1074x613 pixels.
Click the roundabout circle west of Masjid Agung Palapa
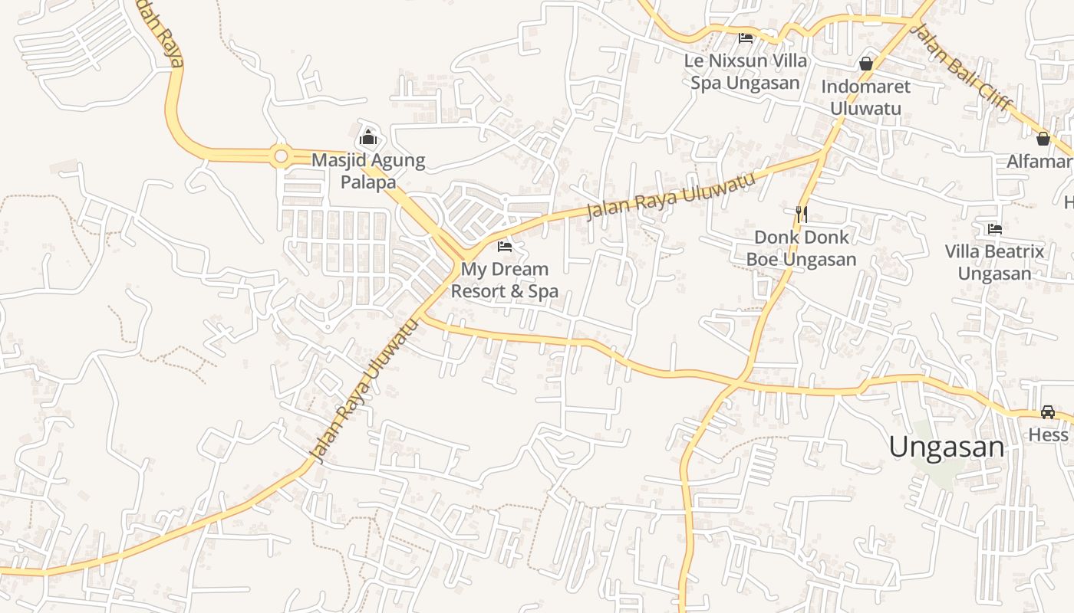pyautogui.click(x=281, y=157)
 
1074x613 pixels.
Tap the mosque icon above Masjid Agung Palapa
pyautogui.click(x=368, y=138)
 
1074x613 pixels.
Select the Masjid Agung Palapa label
pyautogui.click(x=368, y=172)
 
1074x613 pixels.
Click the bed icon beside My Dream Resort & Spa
pyautogui.click(x=505, y=247)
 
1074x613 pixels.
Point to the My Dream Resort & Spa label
pyautogui.click(x=504, y=280)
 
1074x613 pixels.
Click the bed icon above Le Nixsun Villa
pyautogui.click(x=745, y=38)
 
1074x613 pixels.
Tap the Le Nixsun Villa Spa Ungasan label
pyautogui.click(x=745, y=71)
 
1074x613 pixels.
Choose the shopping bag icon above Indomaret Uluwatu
pyautogui.click(x=866, y=64)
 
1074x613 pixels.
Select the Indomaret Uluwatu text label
pyautogui.click(x=866, y=97)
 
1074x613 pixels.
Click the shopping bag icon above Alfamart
pyautogui.click(x=1043, y=139)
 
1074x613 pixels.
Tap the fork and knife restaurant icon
pyautogui.click(x=802, y=214)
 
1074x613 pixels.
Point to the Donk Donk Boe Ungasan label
pyautogui.click(x=802, y=248)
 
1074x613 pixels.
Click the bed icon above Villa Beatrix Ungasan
pyautogui.click(x=995, y=228)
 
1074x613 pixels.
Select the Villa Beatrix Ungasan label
pyautogui.click(x=994, y=262)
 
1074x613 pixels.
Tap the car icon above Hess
pyautogui.click(x=1048, y=412)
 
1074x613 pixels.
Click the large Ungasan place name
pyautogui.click(x=947, y=447)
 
